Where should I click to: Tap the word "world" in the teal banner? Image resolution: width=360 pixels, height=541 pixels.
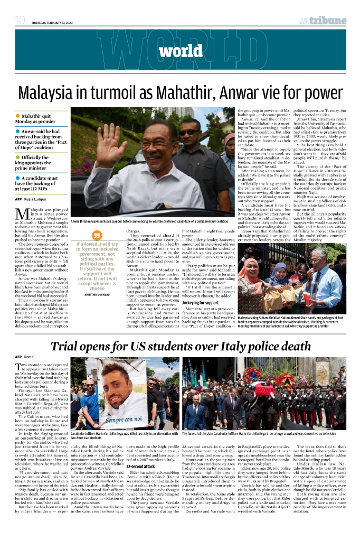(180, 51)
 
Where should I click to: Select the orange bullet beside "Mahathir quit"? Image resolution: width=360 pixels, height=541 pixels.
(18, 115)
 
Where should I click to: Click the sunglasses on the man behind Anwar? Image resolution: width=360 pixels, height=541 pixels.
(188, 133)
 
